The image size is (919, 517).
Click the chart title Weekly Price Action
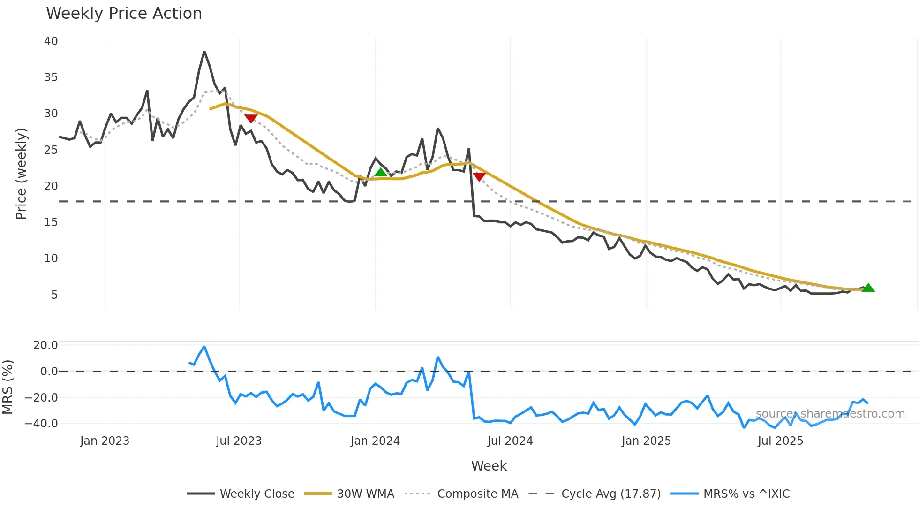coord(124,14)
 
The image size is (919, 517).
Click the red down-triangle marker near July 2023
coord(251,118)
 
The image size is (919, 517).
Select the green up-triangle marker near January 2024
coord(381,172)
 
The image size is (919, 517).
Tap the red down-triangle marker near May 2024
coord(479,176)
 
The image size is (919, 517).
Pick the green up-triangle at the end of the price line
coord(868,288)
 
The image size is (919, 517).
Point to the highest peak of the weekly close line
coord(204,52)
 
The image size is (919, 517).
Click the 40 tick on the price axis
coord(51,41)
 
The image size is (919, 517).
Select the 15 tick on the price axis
coord(51,222)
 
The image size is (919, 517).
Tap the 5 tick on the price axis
coord(54,295)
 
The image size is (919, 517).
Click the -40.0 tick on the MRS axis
coord(41,424)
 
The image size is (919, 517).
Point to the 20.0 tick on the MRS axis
coord(45,345)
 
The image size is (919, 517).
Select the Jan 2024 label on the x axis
coord(375,441)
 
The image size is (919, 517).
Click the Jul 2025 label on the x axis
coord(780,441)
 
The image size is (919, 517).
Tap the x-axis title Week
coord(489,466)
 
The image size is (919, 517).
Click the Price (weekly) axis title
coord(21,174)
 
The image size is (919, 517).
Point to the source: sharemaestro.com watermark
coord(830,414)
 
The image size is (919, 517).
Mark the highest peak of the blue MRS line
coord(204,347)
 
